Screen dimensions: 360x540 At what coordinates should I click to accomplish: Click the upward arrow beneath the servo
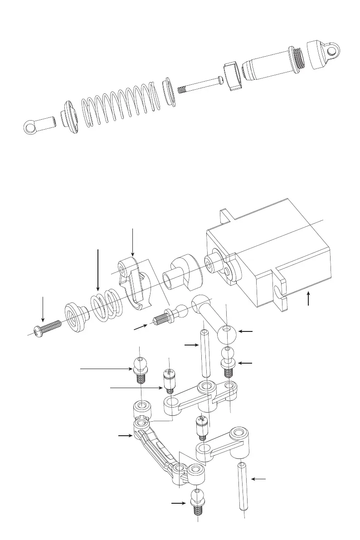[308, 299]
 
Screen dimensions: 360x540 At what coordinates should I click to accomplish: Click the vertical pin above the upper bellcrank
[205, 354]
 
